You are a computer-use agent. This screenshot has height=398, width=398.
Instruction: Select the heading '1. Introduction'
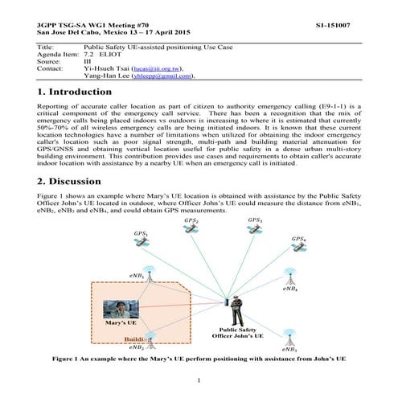(x=80, y=93)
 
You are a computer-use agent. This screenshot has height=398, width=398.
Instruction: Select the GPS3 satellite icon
(x=256, y=229)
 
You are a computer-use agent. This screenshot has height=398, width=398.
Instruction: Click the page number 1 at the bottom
(x=199, y=379)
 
